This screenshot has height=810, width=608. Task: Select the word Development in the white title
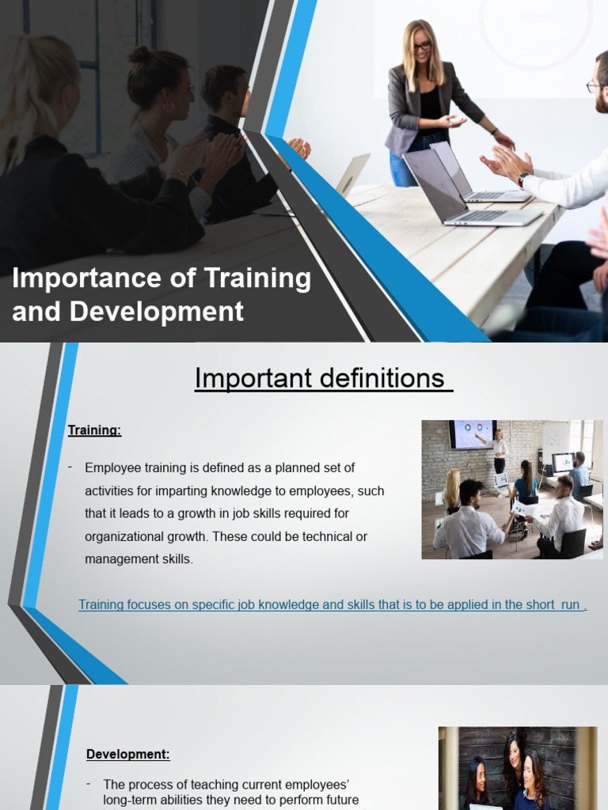click(157, 312)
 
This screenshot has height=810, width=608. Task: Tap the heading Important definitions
click(322, 379)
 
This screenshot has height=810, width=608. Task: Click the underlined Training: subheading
click(94, 430)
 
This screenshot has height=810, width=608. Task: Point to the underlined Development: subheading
click(128, 755)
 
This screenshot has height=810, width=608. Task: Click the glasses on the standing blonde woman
click(422, 47)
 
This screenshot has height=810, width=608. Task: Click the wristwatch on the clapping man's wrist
click(523, 180)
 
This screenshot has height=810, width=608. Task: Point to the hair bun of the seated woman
click(139, 55)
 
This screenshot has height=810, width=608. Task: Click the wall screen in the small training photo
click(472, 434)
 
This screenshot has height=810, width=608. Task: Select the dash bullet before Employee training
click(70, 467)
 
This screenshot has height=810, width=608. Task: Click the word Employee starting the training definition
click(114, 467)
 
